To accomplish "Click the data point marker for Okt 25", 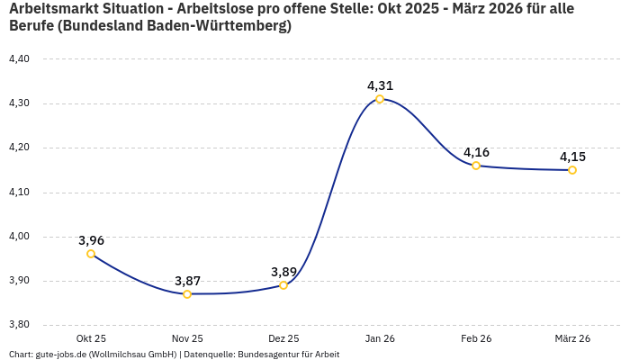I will [91, 254].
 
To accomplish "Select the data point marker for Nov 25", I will [187, 294].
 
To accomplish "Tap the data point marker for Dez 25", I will [283, 285].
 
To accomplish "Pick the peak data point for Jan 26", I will [380, 99].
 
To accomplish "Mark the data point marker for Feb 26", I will [476, 166].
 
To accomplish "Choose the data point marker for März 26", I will [572, 170].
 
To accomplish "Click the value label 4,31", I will [380, 85].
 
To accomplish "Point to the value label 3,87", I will [187, 281].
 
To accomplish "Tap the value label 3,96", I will [91, 240].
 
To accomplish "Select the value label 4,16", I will [476, 152].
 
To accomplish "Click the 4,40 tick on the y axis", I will [19, 58].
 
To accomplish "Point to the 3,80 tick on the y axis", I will [19, 325].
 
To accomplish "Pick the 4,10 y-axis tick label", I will [19, 192].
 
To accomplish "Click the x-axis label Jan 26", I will [380, 338].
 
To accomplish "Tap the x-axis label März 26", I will [572, 338].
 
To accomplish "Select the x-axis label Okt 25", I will [91, 338].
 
